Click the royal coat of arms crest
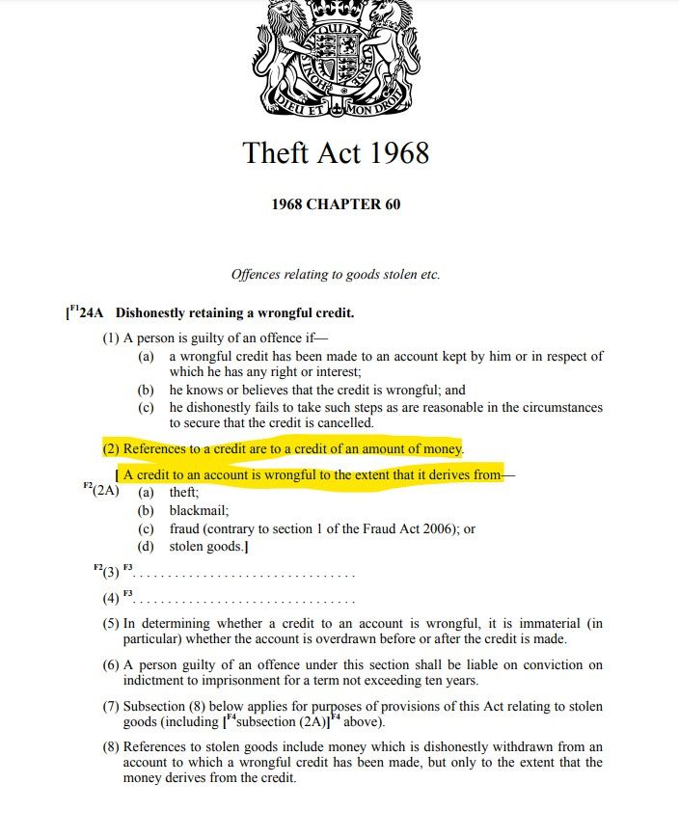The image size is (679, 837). (x=335, y=58)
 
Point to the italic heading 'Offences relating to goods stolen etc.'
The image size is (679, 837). (x=336, y=275)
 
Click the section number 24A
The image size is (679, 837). (x=96, y=313)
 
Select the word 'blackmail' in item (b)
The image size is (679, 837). (x=198, y=510)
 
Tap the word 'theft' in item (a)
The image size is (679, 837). (x=184, y=491)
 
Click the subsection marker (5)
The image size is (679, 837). (x=111, y=624)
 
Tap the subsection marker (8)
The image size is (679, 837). (x=111, y=747)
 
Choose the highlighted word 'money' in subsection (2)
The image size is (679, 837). (x=443, y=449)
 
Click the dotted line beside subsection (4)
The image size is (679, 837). (x=241, y=599)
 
